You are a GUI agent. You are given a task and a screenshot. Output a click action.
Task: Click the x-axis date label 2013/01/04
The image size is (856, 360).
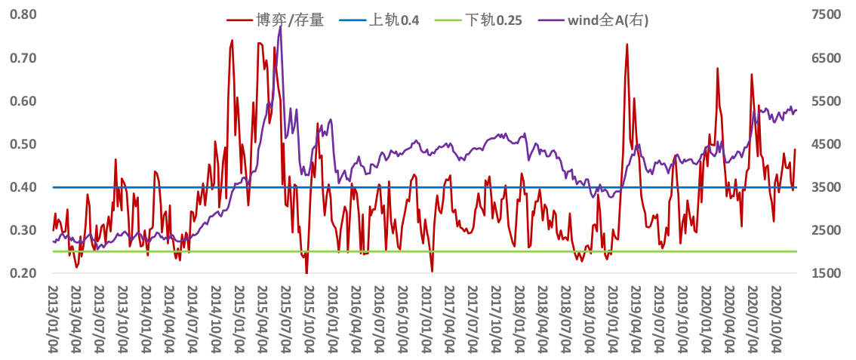[54, 318]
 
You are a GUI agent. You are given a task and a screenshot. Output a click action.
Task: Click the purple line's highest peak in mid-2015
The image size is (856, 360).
[281, 26]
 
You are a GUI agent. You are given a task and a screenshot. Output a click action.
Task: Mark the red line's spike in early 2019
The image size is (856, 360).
[627, 45]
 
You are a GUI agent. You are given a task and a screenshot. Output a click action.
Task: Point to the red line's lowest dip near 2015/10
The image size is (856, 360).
[306, 272]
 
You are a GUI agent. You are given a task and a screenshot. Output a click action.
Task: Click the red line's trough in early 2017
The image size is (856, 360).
[432, 271]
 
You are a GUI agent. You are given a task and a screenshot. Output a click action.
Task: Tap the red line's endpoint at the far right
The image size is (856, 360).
[795, 149]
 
